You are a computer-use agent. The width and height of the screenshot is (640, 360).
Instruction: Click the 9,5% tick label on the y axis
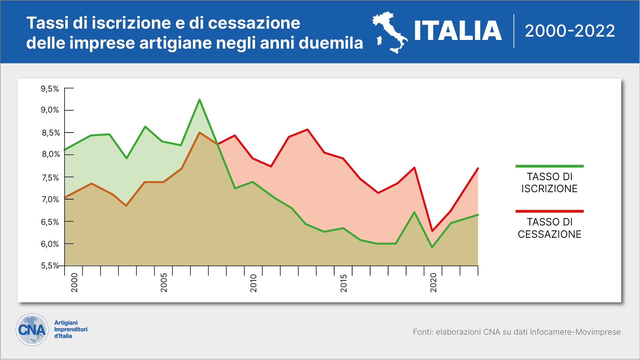(50, 89)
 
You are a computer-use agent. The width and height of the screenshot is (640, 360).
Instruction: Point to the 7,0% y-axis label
(50, 199)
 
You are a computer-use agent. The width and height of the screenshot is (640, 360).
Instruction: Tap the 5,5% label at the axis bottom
(50, 266)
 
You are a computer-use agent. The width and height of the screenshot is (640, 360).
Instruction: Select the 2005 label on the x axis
(164, 283)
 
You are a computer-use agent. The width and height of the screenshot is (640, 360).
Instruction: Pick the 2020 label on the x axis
(433, 283)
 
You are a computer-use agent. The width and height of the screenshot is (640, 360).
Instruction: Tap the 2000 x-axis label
(74, 283)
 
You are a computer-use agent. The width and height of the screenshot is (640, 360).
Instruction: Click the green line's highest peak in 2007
(199, 100)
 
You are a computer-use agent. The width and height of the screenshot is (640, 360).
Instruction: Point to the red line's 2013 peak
(307, 130)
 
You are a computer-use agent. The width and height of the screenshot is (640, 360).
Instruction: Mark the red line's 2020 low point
(432, 231)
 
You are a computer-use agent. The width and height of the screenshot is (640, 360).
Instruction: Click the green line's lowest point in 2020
(432, 247)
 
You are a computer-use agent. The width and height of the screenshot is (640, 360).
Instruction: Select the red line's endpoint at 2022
(478, 169)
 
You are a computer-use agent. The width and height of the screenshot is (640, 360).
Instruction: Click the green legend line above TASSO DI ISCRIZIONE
(549, 166)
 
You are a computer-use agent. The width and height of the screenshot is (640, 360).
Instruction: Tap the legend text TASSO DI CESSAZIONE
(549, 228)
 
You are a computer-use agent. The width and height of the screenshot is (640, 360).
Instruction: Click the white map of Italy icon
(390, 32)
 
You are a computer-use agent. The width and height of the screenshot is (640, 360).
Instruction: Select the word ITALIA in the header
(458, 31)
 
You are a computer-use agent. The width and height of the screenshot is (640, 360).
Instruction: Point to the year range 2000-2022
(570, 31)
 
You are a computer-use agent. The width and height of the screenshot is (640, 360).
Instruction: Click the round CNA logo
(32, 330)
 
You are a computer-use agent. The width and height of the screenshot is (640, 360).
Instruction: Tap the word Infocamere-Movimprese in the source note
(575, 332)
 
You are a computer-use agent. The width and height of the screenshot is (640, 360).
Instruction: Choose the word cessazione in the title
(254, 23)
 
